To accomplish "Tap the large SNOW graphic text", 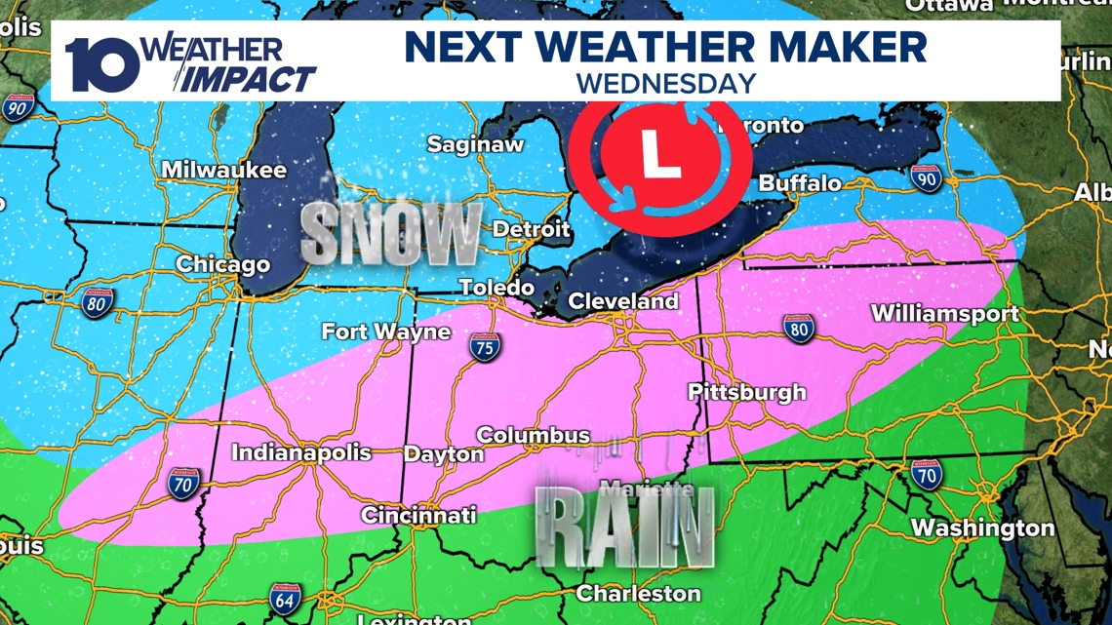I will [x=391, y=234].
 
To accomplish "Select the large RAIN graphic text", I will [x=625, y=530].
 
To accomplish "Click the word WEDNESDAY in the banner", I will [x=666, y=83].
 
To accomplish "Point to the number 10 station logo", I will [x=101, y=65].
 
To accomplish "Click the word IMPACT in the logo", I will [x=251, y=79].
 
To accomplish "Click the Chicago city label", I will [x=222, y=264].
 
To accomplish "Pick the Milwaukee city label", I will [x=224, y=170].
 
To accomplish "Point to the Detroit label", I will [x=531, y=229].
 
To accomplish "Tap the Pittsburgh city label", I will [x=747, y=392].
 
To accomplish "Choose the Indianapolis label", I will [x=301, y=452].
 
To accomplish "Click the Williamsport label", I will [x=944, y=314].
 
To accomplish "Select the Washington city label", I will [x=982, y=528].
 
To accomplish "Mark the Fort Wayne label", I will [x=386, y=332].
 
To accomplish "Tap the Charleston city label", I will [x=639, y=593].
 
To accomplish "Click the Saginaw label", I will [x=475, y=144].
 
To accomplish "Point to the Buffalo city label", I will [x=800, y=183].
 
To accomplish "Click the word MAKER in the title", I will [x=838, y=47].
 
